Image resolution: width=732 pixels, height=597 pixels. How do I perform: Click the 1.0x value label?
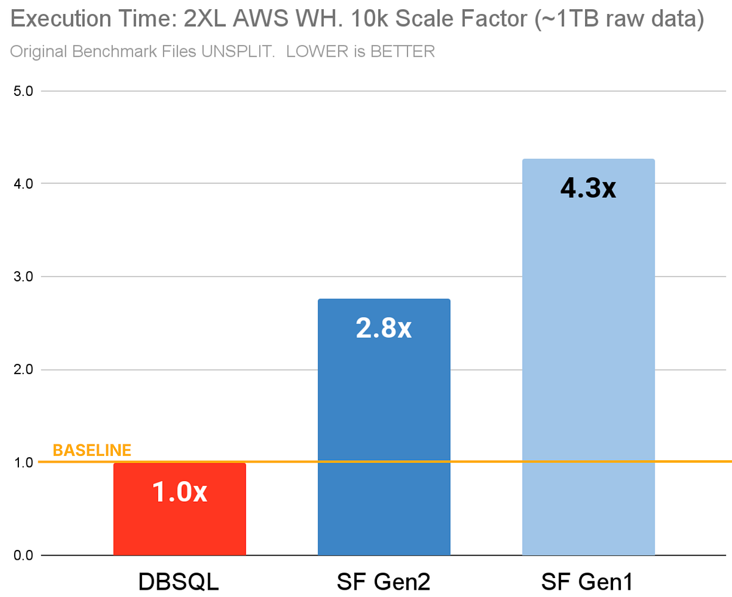click(179, 493)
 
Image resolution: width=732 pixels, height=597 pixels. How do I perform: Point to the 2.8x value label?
click(384, 328)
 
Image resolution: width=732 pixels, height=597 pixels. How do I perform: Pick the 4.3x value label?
click(588, 189)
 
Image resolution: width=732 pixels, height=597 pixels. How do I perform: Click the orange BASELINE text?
click(92, 450)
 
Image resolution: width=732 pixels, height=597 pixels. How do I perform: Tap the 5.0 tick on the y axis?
click(24, 92)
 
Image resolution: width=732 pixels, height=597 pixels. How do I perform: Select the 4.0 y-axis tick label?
click(24, 184)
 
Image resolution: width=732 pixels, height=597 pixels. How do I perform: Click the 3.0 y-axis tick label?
click(24, 277)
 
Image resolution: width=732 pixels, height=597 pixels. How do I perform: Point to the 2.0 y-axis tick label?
click(24, 369)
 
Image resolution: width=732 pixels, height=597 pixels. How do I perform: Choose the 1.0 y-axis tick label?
click(24, 462)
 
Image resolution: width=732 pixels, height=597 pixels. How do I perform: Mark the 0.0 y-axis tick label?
click(24, 555)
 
